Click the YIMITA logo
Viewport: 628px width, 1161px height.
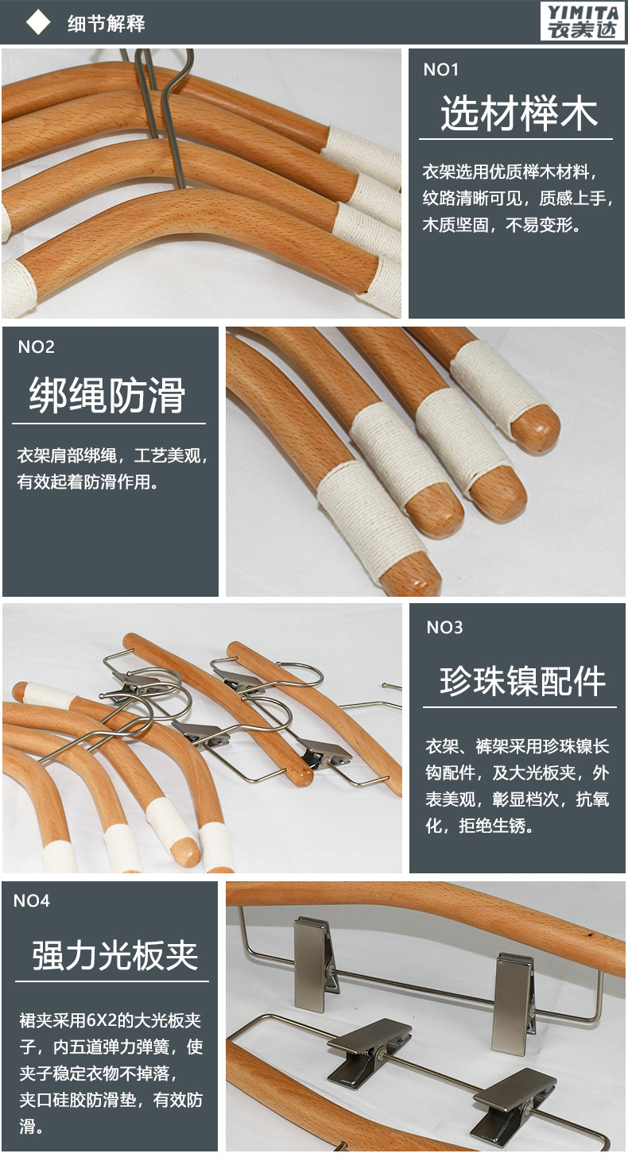tap(582, 21)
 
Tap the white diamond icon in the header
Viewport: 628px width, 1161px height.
tap(37, 22)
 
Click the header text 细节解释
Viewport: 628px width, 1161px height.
tap(106, 23)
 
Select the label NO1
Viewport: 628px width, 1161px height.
tap(441, 70)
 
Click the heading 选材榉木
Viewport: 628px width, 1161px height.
tap(518, 114)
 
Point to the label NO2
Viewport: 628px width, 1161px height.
tap(36, 347)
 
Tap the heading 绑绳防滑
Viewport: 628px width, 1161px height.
tap(107, 395)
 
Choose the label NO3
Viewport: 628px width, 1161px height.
tap(444, 628)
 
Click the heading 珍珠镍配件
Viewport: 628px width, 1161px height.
tap(523, 681)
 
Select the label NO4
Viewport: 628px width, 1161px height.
tap(32, 901)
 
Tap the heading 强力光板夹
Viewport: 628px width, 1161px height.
tap(115, 954)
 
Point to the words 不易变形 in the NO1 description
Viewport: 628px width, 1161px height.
tap(545, 225)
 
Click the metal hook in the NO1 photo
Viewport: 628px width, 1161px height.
tap(163, 111)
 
